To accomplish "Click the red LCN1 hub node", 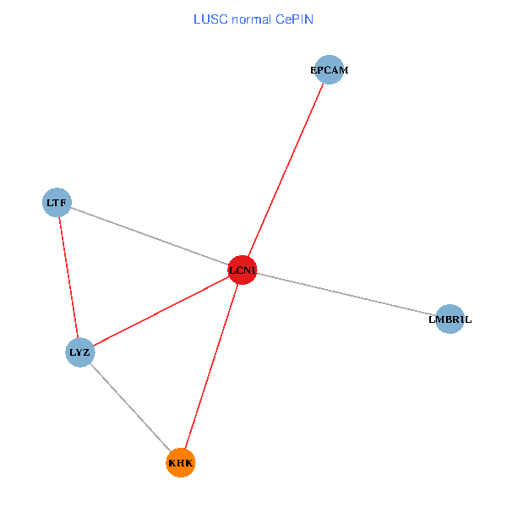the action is pyautogui.click(x=243, y=270).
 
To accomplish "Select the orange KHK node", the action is pyautogui.click(x=181, y=462).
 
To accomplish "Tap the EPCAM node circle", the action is pyautogui.click(x=330, y=70).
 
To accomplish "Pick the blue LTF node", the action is pyautogui.click(x=57, y=203).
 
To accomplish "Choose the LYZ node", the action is pyautogui.click(x=80, y=352).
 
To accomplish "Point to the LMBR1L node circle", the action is pyautogui.click(x=450, y=319).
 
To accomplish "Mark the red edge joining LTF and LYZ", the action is pyautogui.click(x=68, y=277).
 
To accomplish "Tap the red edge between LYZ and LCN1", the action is pyautogui.click(x=161, y=311).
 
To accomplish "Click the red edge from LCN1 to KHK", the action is pyautogui.click(x=211, y=367).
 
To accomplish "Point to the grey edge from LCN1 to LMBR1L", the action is pyautogui.click(x=346, y=295).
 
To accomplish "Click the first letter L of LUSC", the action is pyautogui.click(x=197, y=19).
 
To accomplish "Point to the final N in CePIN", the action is pyautogui.click(x=309, y=19).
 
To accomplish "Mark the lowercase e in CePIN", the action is pyautogui.click(x=287, y=19).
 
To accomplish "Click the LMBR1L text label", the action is pyautogui.click(x=450, y=319).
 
